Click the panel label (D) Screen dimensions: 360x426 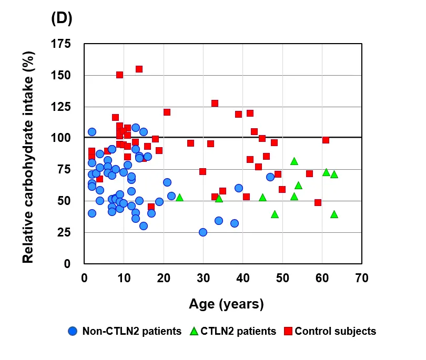(x=61, y=18)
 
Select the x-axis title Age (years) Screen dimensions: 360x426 (x=226, y=304)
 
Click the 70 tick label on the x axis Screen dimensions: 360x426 (x=361, y=277)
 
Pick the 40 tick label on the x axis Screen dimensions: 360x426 (x=243, y=277)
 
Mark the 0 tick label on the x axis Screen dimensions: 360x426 (x=85, y=277)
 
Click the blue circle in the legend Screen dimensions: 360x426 (x=73, y=331)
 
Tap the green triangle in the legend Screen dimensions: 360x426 (x=194, y=331)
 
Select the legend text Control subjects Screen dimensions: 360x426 (x=336, y=331)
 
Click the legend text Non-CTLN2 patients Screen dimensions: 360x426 (x=132, y=331)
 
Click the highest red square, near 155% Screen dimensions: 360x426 (x=139, y=69)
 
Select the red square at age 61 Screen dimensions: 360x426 (x=326, y=140)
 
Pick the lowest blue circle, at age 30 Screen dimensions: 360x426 (x=203, y=232)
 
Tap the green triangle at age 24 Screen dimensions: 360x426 (x=179, y=198)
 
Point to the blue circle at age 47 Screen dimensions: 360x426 (x=270, y=177)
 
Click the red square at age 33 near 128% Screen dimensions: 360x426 (x=215, y=103)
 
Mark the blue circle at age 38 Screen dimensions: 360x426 (x=235, y=223)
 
